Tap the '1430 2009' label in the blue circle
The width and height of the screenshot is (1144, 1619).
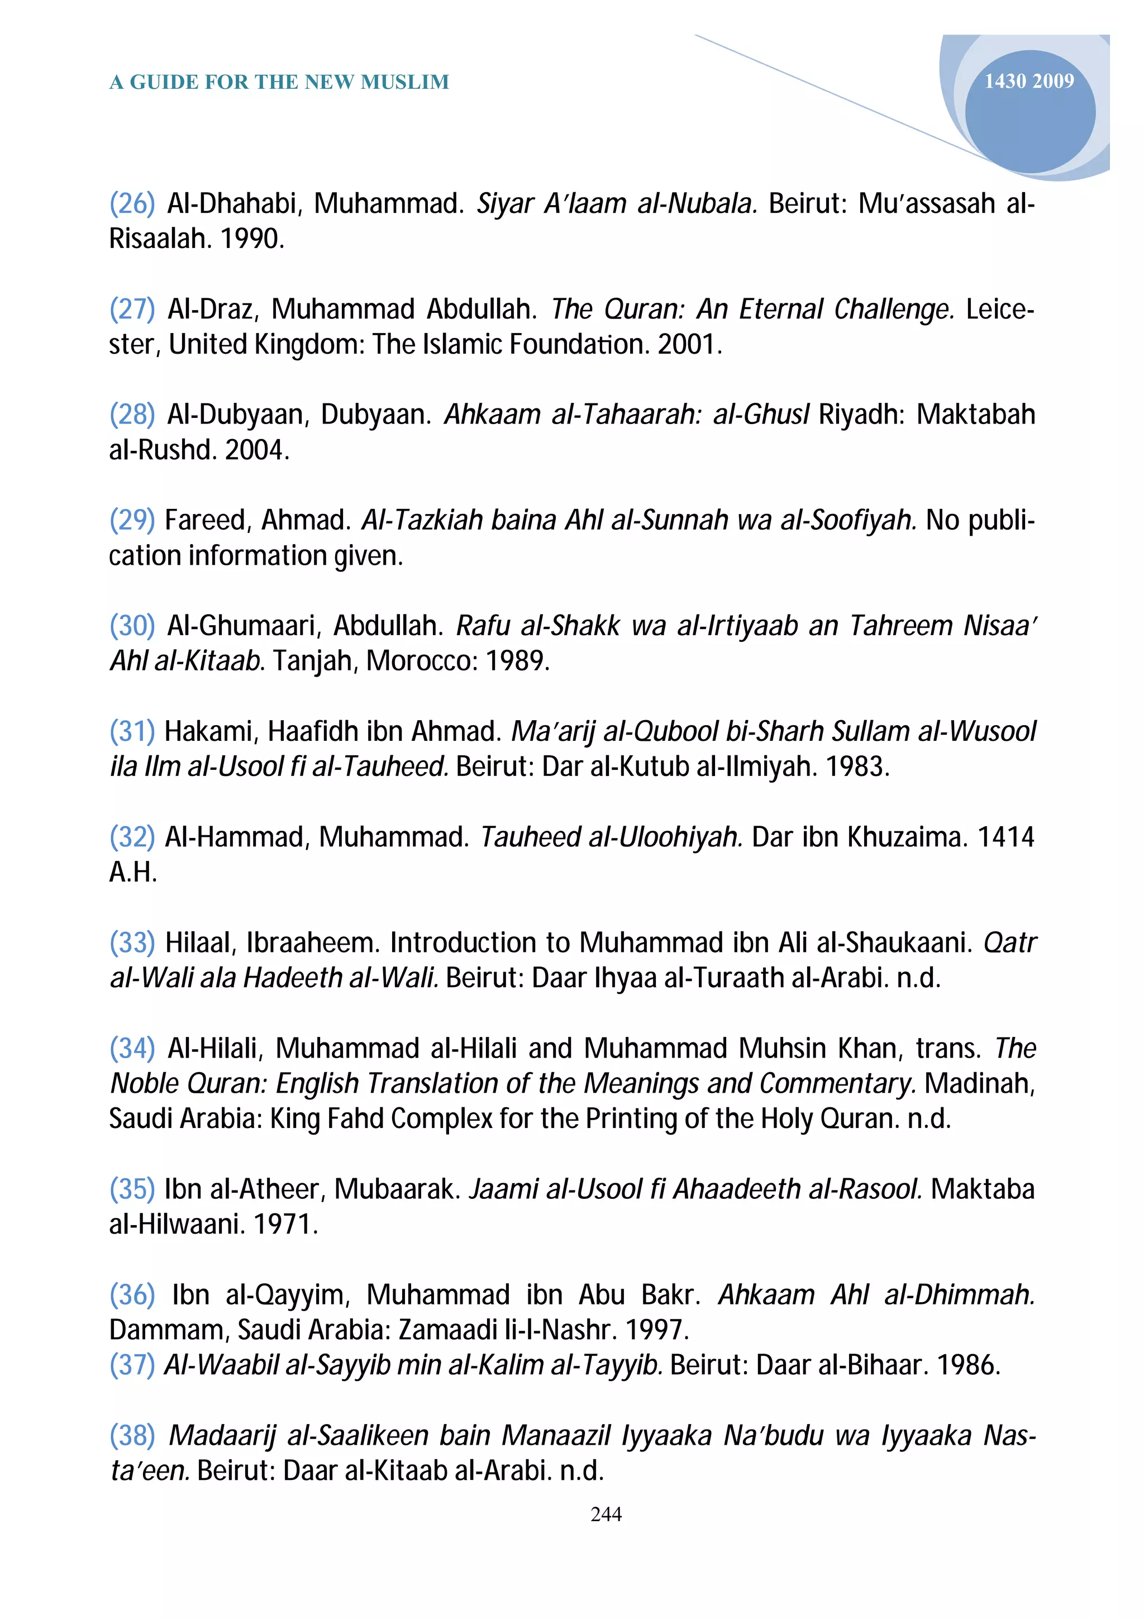(1029, 81)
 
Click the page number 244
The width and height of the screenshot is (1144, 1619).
(606, 1514)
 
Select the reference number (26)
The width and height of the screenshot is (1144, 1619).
(132, 203)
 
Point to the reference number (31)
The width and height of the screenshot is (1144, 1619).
(132, 731)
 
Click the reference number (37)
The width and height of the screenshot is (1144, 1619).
(132, 1365)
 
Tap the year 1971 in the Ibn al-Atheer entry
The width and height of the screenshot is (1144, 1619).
(284, 1225)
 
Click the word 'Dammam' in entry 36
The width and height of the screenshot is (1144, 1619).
(168, 1330)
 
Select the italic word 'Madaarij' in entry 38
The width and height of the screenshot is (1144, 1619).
(221, 1436)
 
